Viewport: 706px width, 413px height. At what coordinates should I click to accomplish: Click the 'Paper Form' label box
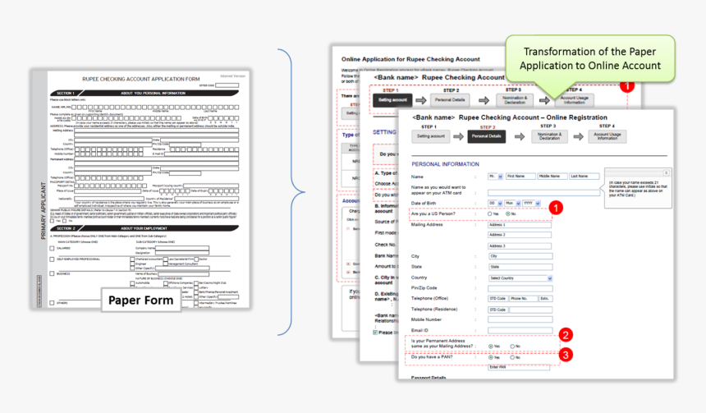[141, 301]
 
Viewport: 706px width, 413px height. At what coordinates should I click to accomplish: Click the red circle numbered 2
[566, 335]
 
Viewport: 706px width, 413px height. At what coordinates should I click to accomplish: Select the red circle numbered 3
[566, 356]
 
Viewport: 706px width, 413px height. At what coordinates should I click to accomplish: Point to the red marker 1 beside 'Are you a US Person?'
[556, 208]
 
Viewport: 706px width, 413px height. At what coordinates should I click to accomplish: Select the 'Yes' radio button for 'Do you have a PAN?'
[491, 358]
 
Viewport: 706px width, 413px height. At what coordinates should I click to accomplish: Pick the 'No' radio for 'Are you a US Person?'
[510, 213]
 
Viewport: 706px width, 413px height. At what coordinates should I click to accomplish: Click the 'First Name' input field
[520, 177]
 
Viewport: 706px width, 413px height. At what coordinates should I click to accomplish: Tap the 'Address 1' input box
[507, 224]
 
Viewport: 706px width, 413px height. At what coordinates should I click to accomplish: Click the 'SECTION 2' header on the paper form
[64, 227]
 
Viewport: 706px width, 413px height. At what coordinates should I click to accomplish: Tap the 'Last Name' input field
[585, 177]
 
